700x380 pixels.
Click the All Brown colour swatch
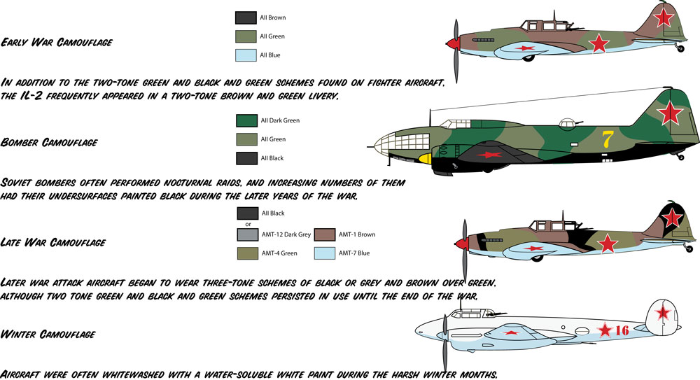[246, 17]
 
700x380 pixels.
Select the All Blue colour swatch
[246, 55]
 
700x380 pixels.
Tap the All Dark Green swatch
[247, 120]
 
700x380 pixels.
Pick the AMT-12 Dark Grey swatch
[247, 234]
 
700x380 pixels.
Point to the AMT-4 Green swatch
[247, 253]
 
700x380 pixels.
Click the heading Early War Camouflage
[57, 42]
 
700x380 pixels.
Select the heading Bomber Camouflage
[50, 142]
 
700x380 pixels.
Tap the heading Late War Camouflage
[54, 243]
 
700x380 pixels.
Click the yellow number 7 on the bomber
[606, 139]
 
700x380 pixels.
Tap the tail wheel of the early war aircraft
[680, 48]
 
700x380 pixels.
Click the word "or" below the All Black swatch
[248, 224]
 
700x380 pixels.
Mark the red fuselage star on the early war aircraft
[599, 44]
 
